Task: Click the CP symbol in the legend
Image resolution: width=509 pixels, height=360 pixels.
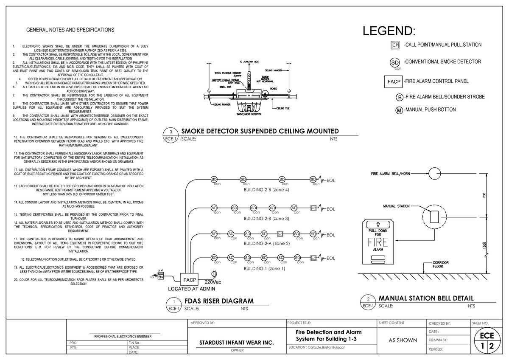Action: (x=394, y=45)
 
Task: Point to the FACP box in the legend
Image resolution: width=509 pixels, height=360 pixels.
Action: (x=393, y=81)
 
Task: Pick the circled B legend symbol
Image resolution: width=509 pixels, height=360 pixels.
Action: (x=400, y=97)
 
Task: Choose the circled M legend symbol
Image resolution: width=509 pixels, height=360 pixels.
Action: (x=400, y=110)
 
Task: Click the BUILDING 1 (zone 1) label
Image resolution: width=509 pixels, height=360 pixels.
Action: (x=264, y=269)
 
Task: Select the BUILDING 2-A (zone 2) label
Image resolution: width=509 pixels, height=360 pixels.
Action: (x=266, y=244)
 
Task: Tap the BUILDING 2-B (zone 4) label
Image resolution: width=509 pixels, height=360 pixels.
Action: (x=266, y=190)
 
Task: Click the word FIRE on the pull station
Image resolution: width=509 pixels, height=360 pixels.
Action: (x=378, y=242)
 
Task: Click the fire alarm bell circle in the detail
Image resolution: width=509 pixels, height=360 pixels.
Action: (x=434, y=173)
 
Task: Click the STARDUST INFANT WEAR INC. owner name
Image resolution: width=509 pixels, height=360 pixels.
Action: (x=236, y=343)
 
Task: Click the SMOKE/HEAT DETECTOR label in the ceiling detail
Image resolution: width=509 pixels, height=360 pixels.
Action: (x=249, y=114)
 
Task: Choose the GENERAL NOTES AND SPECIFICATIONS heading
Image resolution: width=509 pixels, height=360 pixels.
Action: (x=70, y=30)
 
